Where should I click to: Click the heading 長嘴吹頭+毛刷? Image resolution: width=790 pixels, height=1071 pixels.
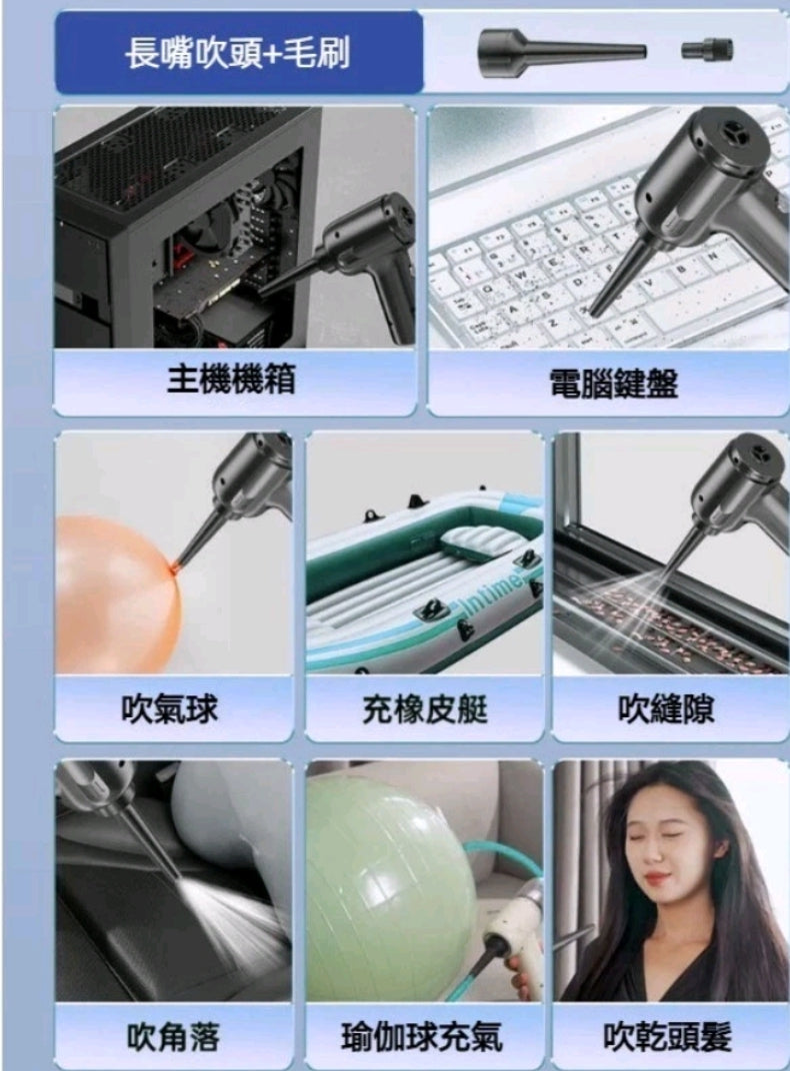(238, 53)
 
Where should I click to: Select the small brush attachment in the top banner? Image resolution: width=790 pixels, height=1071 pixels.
(707, 48)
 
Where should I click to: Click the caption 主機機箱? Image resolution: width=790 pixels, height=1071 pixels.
(231, 379)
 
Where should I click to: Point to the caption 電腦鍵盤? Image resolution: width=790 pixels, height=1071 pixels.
(613, 382)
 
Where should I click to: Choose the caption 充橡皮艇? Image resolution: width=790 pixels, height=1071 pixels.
(425, 708)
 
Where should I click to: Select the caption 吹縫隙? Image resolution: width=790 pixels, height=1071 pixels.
(667, 708)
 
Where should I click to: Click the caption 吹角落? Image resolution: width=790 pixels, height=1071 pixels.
(173, 1038)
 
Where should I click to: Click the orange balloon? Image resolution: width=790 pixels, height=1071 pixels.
(115, 594)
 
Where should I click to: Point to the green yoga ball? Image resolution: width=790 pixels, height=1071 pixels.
(385, 879)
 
